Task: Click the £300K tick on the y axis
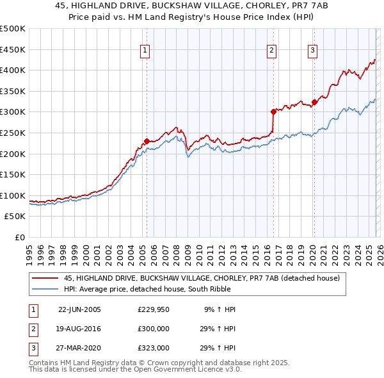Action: pyautogui.click(x=12, y=112)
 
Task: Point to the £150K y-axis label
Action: pyautogui.click(x=12, y=174)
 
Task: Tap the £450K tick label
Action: pyautogui.click(x=12, y=49)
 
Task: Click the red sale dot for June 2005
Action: pyautogui.click(x=147, y=141)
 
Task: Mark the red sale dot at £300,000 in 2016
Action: pyautogui.click(x=273, y=111)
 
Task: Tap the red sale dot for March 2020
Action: pyautogui.click(x=314, y=102)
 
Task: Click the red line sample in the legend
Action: pyautogui.click(x=45, y=278)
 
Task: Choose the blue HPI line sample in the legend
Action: pyautogui.click(x=45, y=289)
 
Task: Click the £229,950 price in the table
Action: pyautogui.click(x=154, y=309)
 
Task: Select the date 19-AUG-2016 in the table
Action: pyautogui.click(x=79, y=329)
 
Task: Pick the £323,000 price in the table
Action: pyautogui.click(x=154, y=348)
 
